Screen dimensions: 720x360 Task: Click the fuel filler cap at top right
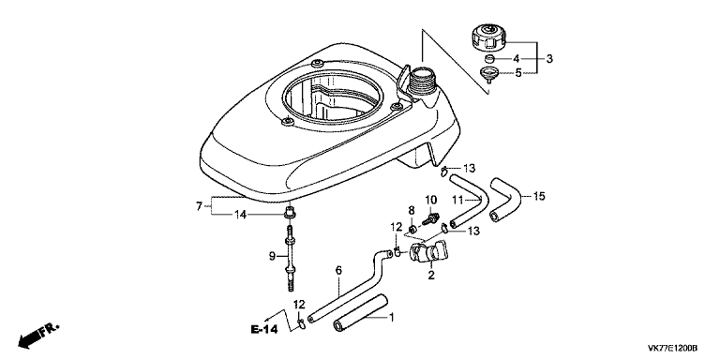click(x=488, y=39)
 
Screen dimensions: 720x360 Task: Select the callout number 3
click(x=549, y=58)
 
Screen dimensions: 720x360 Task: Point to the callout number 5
click(x=517, y=72)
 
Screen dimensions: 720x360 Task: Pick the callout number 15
click(x=539, y=197)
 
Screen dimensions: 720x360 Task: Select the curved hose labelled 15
click(x=506, y=199)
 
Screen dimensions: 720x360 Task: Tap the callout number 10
click(x=430, y=200)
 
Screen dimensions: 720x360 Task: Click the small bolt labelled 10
click(x=429, y=217)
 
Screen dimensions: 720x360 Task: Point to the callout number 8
click(x=412, y=211)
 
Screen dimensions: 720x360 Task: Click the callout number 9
click(x=273, y=256)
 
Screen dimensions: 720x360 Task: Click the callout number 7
click(x=199, y=206)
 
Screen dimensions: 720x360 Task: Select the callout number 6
click(x=338, y=270)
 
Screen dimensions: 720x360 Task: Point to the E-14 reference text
click(x=264, y=330)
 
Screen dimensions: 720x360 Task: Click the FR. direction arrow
click(x=38, y=336)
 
